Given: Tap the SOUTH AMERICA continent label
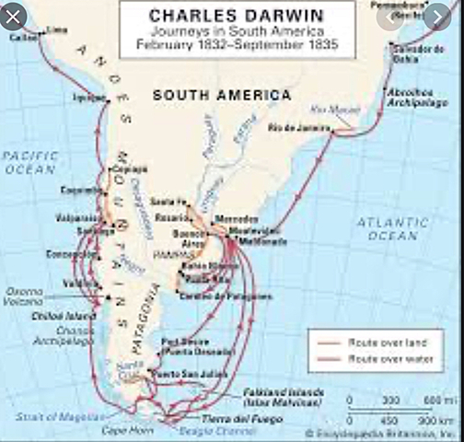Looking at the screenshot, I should coord(210,95).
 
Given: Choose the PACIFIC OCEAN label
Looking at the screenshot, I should coord(30,163).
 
